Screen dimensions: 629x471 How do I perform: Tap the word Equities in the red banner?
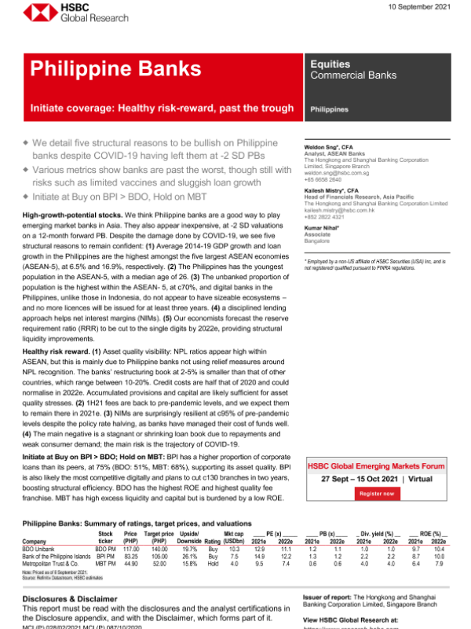331,62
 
